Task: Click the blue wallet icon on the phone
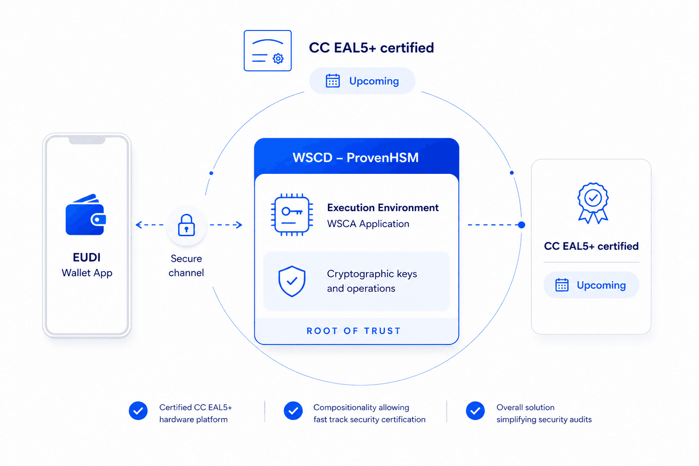coord(86,215)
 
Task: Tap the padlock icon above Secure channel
coord(186,225)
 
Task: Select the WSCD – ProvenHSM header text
coord(356,157)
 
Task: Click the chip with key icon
coord(292,215)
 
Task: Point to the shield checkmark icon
coord(292,281)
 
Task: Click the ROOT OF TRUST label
coord(353,331)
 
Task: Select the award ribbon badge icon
coord(592,203)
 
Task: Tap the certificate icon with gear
coord(268,51)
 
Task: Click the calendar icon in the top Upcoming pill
coord(332,81)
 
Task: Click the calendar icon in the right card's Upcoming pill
coord(561,285)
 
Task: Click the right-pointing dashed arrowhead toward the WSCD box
coord(239,224)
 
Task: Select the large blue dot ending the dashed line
coord(521,224)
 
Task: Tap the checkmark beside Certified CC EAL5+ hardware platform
coord(138,410)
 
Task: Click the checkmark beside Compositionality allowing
coord(293,410)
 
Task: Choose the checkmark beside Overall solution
coord(475,410)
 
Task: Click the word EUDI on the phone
coord(87,257)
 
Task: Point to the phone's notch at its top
coord(87,140)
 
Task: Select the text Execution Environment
coord(383,208)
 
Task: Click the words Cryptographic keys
coord(372,274)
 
